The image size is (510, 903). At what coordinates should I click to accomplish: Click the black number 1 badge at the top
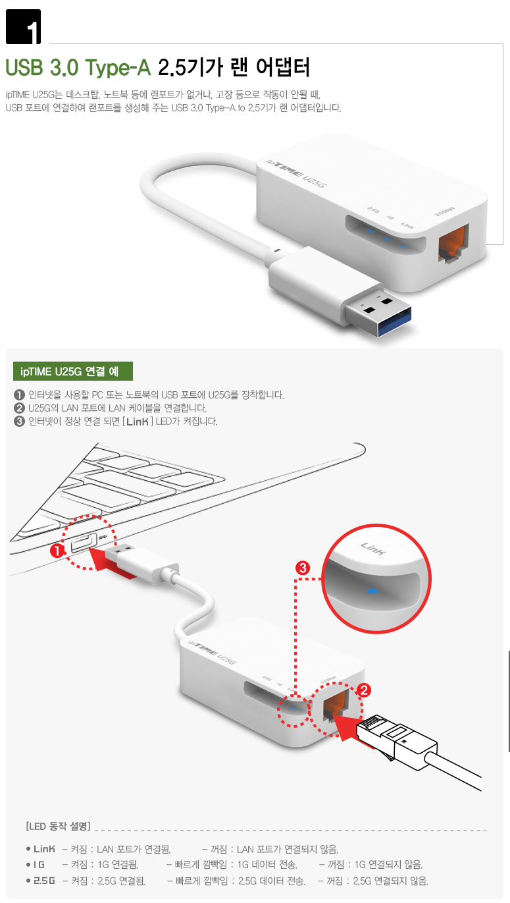tap(24, 26)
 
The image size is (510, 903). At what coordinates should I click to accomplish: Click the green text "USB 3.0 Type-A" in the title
tap(78, 67)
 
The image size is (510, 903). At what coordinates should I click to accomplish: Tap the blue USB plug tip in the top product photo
tap(394, 321)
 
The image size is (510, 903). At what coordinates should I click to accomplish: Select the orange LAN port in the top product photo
tap(453, 243)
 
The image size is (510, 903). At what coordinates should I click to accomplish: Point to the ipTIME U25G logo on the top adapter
tap(296, 174)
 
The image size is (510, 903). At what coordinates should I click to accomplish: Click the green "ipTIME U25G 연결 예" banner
tap(73, 371)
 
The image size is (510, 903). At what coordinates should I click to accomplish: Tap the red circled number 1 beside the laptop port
tap(57, 551)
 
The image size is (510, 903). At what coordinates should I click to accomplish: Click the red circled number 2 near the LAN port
tap(364, 690)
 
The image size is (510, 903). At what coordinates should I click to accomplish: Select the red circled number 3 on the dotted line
tap(303, 568)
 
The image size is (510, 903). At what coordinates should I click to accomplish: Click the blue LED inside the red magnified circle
tap(373, 591)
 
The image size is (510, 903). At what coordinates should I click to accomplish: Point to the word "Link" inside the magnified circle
tap(373, 548)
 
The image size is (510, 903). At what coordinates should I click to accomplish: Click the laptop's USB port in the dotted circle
tap(84, 542)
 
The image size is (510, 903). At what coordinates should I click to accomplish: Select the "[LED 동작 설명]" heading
tap(59, 826)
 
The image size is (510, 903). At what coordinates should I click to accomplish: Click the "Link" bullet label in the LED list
tap(44, 849)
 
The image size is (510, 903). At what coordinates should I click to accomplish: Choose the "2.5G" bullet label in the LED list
tap(44, 881)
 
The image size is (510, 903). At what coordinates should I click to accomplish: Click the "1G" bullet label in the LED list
tap(39, 864)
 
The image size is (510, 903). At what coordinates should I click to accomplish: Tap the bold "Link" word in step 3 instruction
tap(138, 422)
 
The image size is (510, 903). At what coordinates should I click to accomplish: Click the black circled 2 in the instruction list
tap(19, 408)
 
